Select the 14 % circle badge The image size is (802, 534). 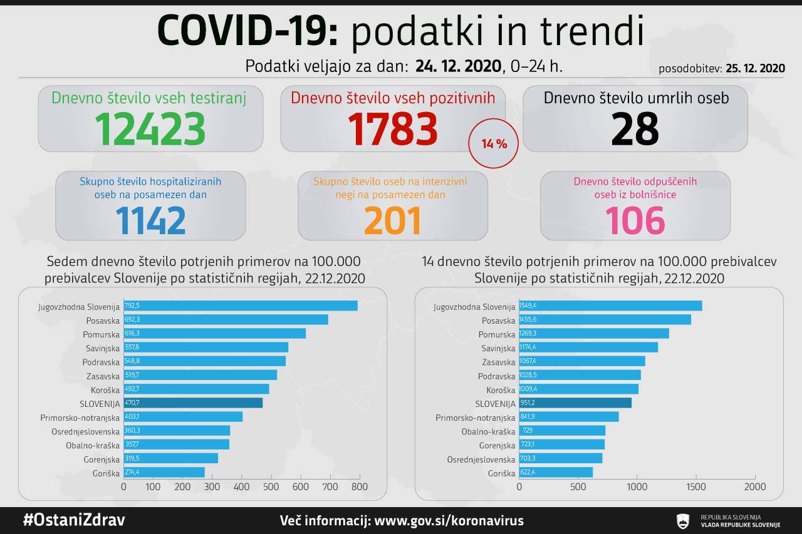pos(494,144)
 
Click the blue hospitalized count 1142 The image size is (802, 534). pos(150,220)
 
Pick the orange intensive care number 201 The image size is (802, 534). pos(392,220)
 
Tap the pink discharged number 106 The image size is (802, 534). pos(635,220)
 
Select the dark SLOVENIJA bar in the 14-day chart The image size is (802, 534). pos(575,404)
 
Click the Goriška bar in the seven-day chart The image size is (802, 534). pos(164,472)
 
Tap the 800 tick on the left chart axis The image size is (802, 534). pos(359,486)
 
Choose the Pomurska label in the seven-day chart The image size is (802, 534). pos(102,334)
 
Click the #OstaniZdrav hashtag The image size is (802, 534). pos(73,521)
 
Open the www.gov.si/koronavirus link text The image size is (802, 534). pos(448,521)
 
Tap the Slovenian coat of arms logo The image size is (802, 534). pos(684,521)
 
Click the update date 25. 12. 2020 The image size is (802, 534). pos(756,69)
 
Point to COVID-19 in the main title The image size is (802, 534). pos(247,31)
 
